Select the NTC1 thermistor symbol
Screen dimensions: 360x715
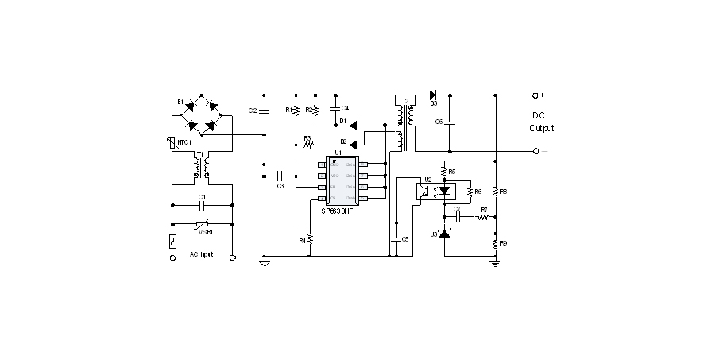172,144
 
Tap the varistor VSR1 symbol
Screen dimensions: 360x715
203,224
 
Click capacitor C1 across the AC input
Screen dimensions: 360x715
203,204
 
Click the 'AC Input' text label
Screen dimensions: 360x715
200,254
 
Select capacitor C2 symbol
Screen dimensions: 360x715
264,110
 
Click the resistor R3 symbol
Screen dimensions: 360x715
307,145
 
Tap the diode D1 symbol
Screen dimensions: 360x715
353,125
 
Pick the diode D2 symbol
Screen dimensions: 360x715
353,144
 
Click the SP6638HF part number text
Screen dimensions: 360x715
339,211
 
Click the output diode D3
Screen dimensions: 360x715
434,95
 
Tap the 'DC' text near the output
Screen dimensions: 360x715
538,114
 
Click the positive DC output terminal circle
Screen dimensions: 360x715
537,95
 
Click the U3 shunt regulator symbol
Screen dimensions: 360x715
444,234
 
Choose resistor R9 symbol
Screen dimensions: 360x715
495,243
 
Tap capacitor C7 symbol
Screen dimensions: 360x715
457,215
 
